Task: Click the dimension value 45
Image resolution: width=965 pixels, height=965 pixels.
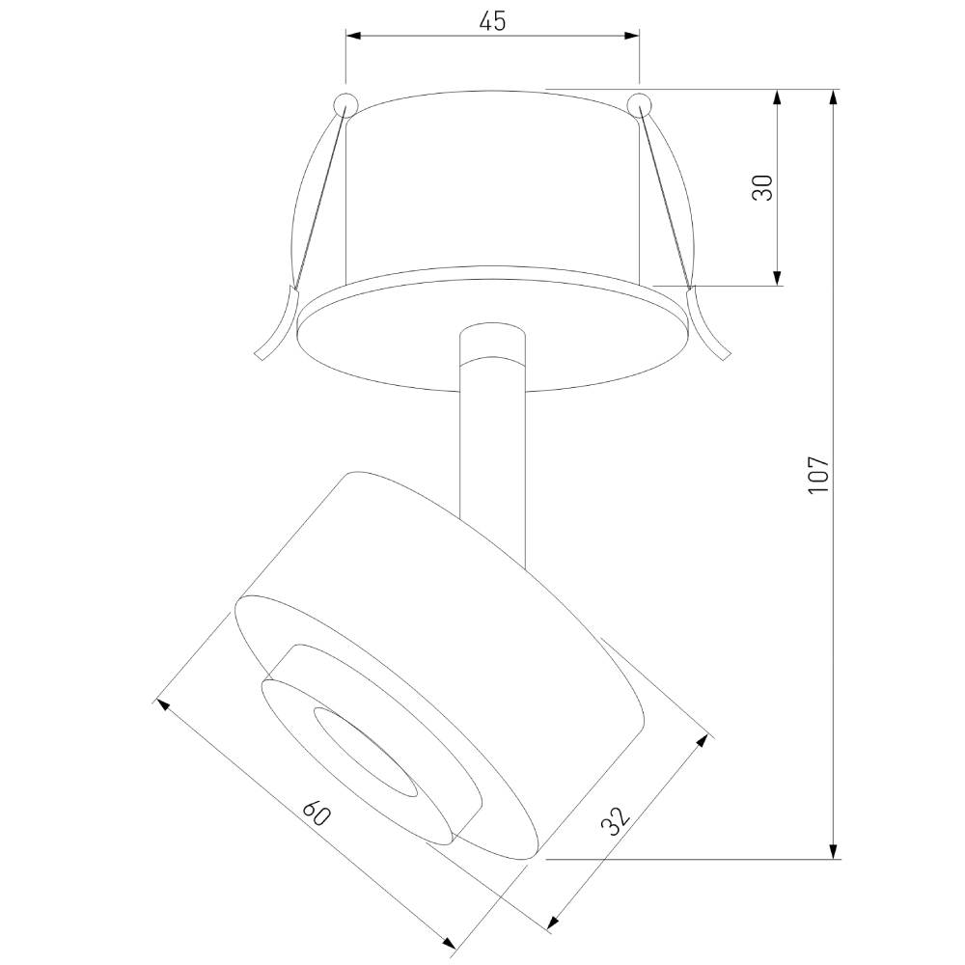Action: point(492,21)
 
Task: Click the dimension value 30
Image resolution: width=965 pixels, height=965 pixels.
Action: point(763,188)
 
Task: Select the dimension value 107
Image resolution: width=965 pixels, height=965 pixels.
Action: point(819,474)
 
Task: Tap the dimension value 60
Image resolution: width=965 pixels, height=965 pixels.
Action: point(316,813)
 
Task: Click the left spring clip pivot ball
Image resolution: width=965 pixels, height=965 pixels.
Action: point(345,104)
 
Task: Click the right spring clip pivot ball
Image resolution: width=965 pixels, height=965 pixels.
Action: point(639,104)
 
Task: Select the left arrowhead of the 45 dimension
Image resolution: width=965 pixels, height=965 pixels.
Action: point(353,37)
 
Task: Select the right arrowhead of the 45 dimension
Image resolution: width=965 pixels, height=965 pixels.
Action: point(631,37)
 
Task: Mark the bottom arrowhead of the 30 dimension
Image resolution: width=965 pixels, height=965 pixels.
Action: point(778,279)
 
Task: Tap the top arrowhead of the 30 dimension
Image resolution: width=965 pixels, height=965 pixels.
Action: point(778,97)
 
